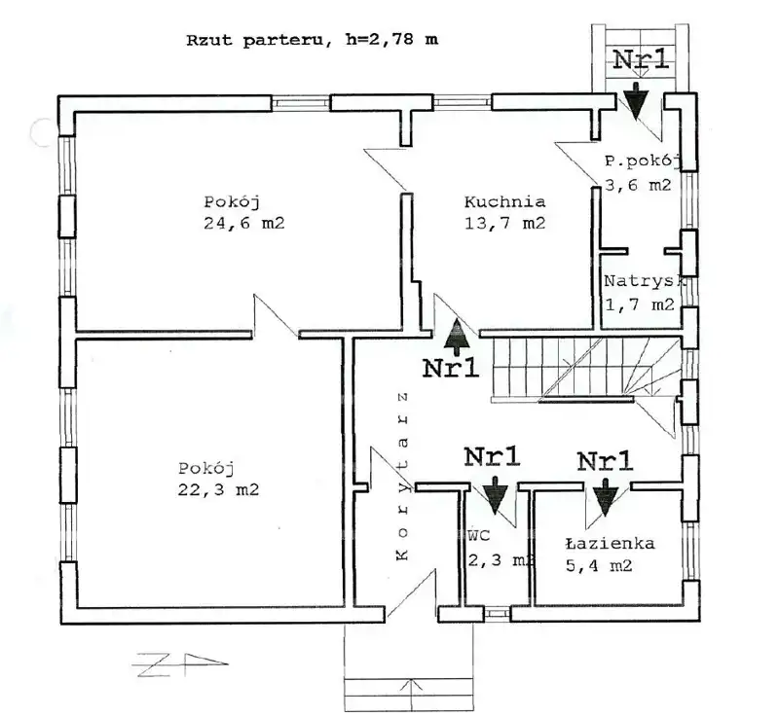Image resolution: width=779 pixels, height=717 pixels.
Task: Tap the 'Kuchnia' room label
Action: pos(504,203)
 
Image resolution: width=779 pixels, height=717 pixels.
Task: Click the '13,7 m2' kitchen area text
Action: pos(504,224)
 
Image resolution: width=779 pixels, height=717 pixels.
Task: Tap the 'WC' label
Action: pos(477,536)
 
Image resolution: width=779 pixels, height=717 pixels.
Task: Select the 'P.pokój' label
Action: pos(644,161)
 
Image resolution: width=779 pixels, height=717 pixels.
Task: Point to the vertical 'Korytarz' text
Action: pos(401,477)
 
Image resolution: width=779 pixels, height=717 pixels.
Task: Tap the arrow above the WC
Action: pos(495,495)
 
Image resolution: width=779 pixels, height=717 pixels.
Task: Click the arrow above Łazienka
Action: pos(606,495)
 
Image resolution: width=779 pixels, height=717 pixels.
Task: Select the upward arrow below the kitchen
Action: pos(455,336)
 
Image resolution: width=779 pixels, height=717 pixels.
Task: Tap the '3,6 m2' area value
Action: pos(639,185)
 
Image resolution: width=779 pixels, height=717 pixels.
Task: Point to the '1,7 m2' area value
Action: pos(639,305)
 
